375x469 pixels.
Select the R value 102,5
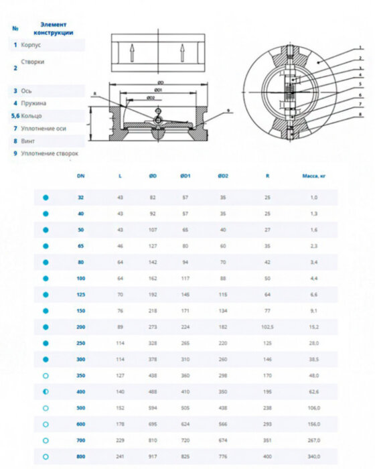pos(267,328)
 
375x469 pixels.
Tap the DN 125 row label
pos(81,294)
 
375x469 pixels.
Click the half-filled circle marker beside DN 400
pos(46,391)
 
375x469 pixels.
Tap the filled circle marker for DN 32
pos(46,198)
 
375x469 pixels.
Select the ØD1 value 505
pos(185,407)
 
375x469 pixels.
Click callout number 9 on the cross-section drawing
pos(228,109)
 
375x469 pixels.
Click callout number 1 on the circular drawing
pos(360,48)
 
